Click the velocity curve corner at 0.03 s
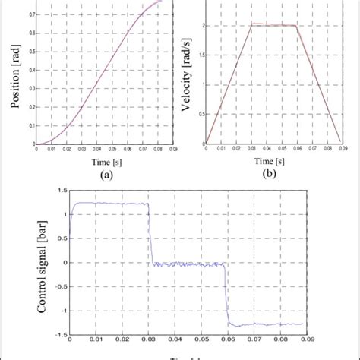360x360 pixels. pos(251,24)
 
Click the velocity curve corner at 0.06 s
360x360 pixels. pos(295,26)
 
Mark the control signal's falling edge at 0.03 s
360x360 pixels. pos(150,235)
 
